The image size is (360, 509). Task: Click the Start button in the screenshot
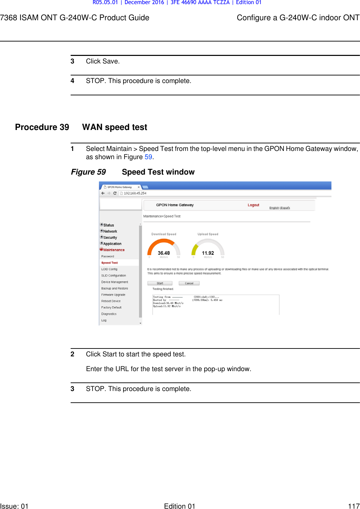point(160,283)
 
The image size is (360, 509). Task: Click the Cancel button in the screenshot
point(189,283)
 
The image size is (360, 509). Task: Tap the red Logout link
point(253,205)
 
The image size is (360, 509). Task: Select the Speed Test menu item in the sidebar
point(109,263)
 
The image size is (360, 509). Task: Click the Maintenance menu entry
point(114,250)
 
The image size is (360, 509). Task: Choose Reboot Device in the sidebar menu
point(111,301)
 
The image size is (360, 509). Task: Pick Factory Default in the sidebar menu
point(111,308)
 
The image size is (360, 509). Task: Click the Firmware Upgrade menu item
point(113,295)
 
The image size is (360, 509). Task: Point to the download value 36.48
point(164,253)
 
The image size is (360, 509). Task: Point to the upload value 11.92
point(208,253)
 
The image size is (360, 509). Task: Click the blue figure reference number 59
point(148,157)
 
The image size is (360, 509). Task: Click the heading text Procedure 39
point(42,127)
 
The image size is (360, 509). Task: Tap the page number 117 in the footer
point(353,506)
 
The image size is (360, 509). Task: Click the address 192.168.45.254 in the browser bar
point(135,193)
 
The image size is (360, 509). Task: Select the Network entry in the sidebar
point(110,232)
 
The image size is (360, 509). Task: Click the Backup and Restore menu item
point(115,288)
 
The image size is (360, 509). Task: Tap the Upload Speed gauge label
point(208,234)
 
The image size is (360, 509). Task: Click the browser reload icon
point(115,193)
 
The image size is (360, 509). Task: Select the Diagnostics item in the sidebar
point(109,314)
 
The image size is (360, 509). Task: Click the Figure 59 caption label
point(88,172)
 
